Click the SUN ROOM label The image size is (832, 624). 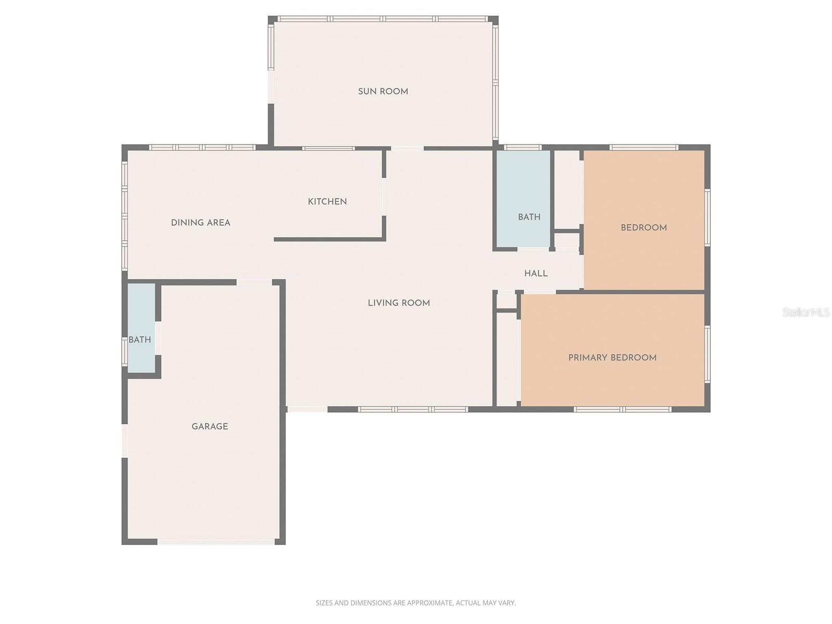pos(383,92)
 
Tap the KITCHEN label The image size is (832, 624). pos(327,202)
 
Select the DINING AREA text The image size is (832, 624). pos(201,223)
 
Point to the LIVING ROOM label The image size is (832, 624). pos(399,303)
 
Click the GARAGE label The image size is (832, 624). pos(210,426)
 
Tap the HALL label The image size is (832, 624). pos(536,274)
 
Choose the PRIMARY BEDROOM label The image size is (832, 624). pos(612,358)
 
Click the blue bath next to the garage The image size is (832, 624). pos(140,328)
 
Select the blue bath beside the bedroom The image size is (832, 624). pos(523,198)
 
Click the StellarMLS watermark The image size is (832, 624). pos(806,312)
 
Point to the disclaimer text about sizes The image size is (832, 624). pos(415,603)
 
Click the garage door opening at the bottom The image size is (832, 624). pos(216,542)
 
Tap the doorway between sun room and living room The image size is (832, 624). pos(407,149)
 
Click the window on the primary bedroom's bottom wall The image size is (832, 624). pos(622,409)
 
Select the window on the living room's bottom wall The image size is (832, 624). pos(413,409)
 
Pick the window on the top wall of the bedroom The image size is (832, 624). pos(644,147)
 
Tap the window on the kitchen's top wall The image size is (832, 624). pos(328,148)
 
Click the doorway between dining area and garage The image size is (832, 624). pos(254,282)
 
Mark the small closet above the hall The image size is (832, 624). pos(566,240)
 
